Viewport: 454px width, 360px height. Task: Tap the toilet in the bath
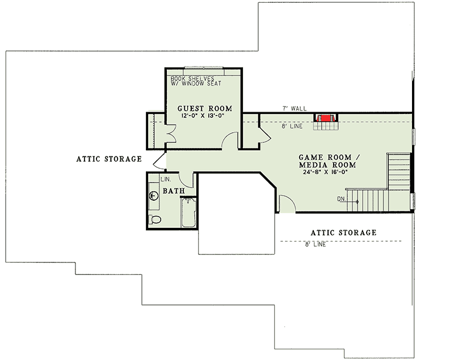155,219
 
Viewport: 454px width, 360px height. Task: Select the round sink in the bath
153,196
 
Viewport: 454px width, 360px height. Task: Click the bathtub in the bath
188,212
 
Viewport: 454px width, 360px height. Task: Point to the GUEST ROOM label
205,108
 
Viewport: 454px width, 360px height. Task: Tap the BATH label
174,191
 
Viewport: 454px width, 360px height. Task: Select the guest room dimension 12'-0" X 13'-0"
203,116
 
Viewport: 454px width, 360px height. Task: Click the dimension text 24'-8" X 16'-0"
325,172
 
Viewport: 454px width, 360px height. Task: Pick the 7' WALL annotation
295,108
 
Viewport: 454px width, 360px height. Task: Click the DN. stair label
342,199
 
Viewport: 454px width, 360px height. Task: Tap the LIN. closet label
166,179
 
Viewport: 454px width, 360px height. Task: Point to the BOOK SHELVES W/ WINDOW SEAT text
196,81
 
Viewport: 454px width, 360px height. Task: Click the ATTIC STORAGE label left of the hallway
109,159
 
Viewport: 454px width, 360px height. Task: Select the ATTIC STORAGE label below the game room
344,232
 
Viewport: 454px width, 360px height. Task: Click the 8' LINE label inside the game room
292,126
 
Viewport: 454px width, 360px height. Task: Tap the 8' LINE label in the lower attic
316,244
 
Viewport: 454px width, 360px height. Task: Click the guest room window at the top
204,68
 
